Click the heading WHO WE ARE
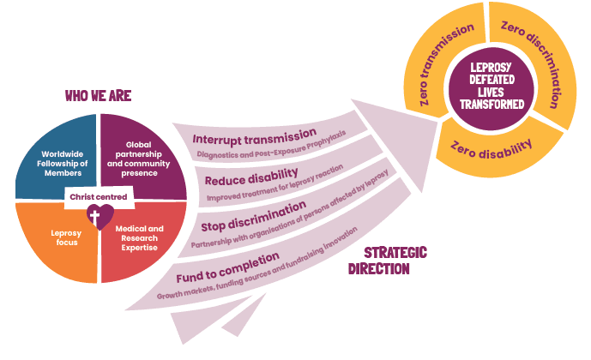pyautogui.click(x=98, y=96)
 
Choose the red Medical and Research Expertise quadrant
pyautogui.click(x=143, y=241)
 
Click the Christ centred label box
pyautogui.click(x=99, y=197)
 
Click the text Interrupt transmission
pyautogui.click(x=255, y=136)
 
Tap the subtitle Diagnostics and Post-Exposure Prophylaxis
pyautogui.click(x=271, y=146)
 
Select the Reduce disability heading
pyautogui.click(x=251, y=177)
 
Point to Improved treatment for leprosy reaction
pyautogui.click(x=274, y=183)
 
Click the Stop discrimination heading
pyautogui.click(x=253, y=217)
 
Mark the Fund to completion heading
pyautogui.click(x=227, y=267)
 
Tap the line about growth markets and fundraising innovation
pyautogui.click(x=257, y=263)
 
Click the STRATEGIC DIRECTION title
pyautogui.click(x=388, y=261)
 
